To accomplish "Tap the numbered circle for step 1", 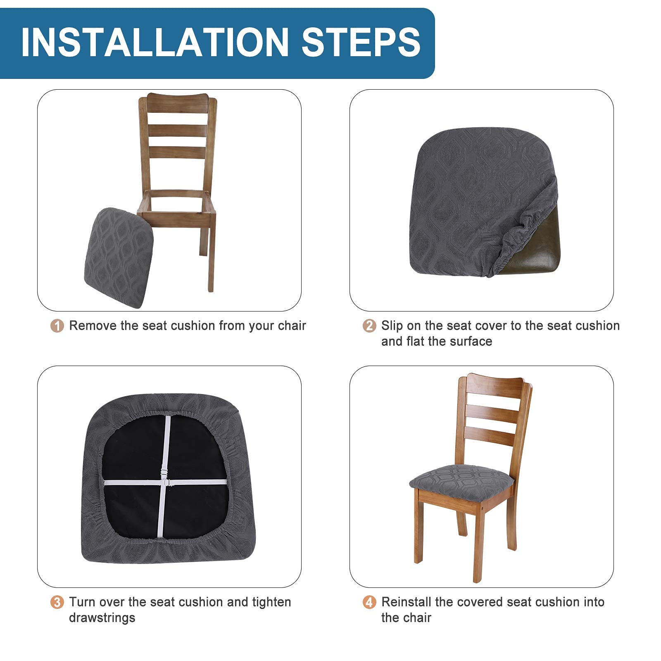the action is pyautogui.click(x=57, y=326).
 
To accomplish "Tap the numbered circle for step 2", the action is pyautogui.click(x=369, y=326).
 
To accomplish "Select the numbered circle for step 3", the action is pyautogui.click(x=57, y=602).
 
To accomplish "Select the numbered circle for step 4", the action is pyautogui.click(x=369, y=602).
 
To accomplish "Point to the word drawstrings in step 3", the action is pyautogui.click(x=102, y=618).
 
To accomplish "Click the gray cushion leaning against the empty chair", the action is pyautogui.click(x=119, y=257).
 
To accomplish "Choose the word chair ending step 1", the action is pyautogui.click(x=292, y=326).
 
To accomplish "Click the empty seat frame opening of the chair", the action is pyautogui.click(x=176, y=201).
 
